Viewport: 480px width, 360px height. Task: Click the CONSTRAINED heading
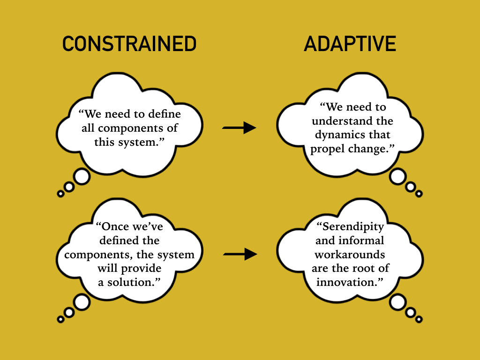[x=129, y=44]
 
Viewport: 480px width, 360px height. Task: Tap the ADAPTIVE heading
[x=350, y=44]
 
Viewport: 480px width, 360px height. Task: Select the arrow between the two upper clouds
[x=239, y=127]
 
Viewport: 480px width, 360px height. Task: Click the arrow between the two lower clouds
[x=240, y=254]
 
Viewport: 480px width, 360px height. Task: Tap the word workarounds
[x=350, y=255]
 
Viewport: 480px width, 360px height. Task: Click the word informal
[x=360, y=240]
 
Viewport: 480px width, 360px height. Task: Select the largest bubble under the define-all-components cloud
[x=82, y=177]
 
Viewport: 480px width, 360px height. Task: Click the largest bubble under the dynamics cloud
[x=397, y=177]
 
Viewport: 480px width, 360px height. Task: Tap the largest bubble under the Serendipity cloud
[x=397, y=302]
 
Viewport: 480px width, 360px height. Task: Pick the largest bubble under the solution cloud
[x=82, y=302]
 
